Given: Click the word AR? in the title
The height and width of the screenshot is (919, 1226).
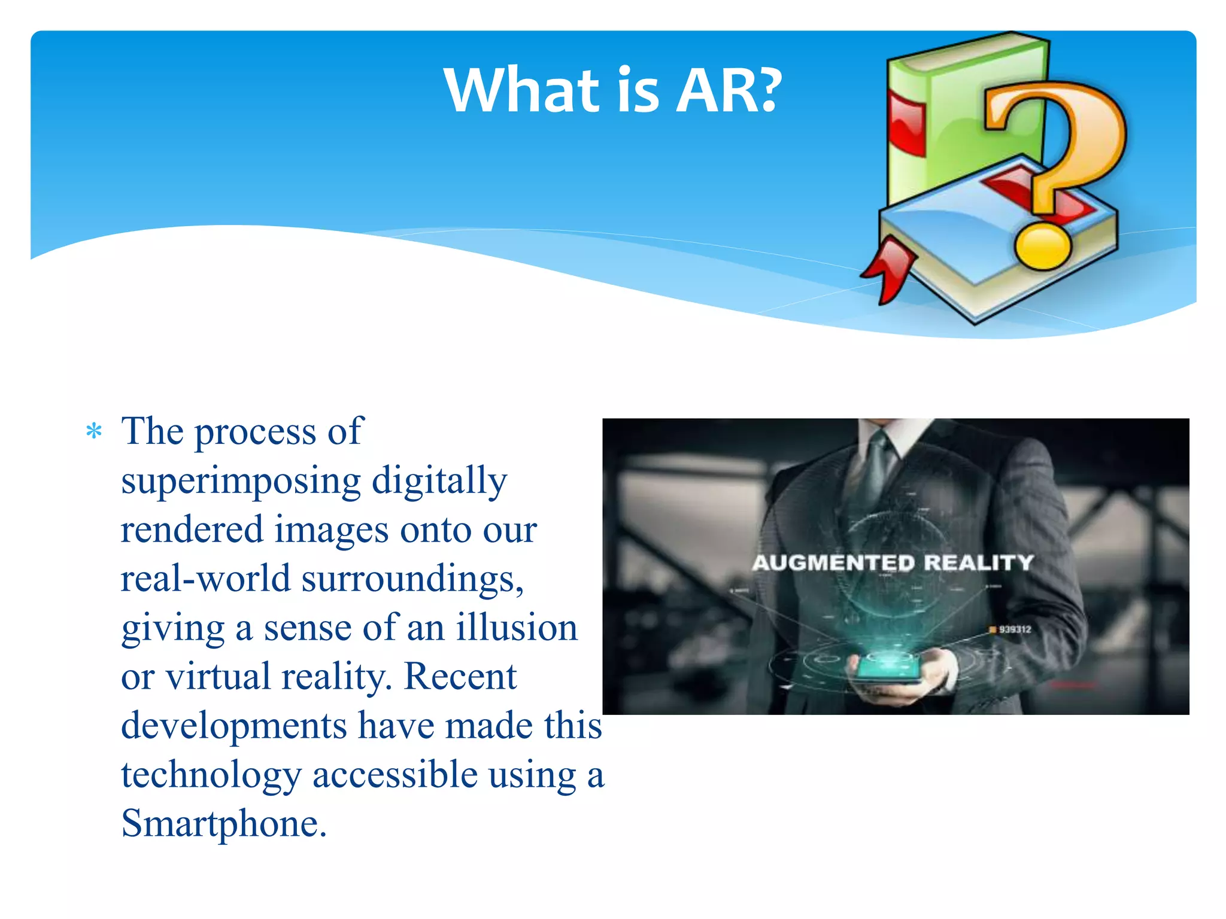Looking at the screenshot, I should [x=729, y=91].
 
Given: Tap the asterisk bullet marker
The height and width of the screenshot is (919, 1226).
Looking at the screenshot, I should [x=94, y=431].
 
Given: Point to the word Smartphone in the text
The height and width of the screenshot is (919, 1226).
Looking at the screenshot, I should [x=223, y=824].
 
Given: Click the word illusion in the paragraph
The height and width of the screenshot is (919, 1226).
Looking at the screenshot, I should [x=517, y=628].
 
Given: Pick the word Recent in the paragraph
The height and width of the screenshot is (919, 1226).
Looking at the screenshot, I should [x=460, y=677].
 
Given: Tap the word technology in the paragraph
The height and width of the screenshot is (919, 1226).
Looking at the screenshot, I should [x=211, y=776].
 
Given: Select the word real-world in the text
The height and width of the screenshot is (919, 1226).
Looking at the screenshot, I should [x=205, y=579].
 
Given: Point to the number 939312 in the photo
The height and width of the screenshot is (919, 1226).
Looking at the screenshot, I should [x=1015, y=629].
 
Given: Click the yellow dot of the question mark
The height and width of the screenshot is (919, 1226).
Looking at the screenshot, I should [x=1042, y=247].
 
